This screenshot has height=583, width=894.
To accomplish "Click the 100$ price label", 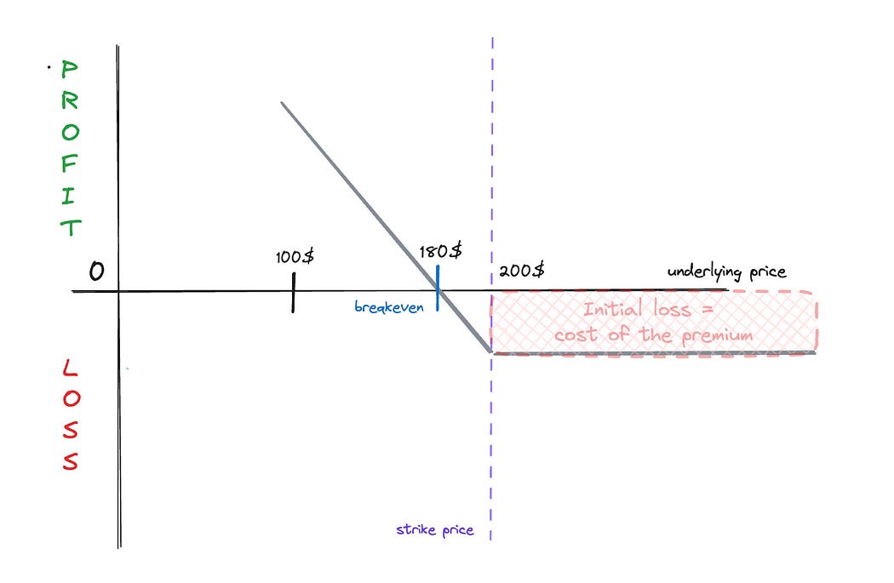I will coord(294,256).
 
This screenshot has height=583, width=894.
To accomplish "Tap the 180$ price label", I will coord(441,251).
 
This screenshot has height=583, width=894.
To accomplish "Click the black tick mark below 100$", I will coord(294,292).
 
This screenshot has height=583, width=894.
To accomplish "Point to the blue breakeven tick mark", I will coord(438,288).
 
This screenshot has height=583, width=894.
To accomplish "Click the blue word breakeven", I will coord(389,307).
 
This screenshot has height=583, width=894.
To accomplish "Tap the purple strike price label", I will coord(434,529).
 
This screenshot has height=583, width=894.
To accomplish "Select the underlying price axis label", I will coord(726,272).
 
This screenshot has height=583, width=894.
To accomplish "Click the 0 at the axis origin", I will coord(96,271).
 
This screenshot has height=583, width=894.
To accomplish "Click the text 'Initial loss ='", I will coord(649,309).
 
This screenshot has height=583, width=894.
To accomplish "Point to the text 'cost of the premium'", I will coord(653,334).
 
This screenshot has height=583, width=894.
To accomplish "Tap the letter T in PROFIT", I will coord(70,227).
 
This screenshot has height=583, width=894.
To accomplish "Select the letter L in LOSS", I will coord(70,369).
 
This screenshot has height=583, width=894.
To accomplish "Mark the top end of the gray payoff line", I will coord(282,103).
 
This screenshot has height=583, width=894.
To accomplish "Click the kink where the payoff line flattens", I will coord(490,351).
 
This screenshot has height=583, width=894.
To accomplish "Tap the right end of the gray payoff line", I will coord(815,352).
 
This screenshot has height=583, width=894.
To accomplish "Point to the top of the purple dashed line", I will coord(492,39).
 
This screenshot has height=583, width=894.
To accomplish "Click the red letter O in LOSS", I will coord(70,400).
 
